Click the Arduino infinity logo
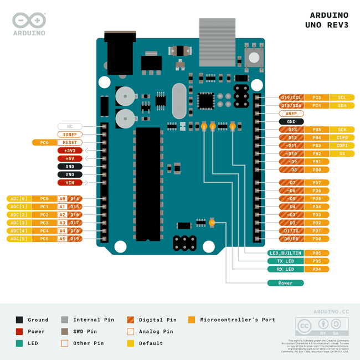coord(29,20)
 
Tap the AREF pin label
coord(291,113)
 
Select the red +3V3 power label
coord(70,150)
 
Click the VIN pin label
coord(70,182)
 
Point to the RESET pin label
coord(70,142)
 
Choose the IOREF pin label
coord(70,134)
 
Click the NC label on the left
coord(70,126)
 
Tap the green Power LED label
coord(285,283)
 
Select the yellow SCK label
coord(342,130)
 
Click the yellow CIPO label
coord(342,137)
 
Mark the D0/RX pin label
coord(291,239)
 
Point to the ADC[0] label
coord(19,198)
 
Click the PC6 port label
coord(44,142)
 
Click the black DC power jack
coord(121,53)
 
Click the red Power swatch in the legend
coord(19,331)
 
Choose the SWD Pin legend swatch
coord(65,331)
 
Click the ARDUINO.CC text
coord(331,312)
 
